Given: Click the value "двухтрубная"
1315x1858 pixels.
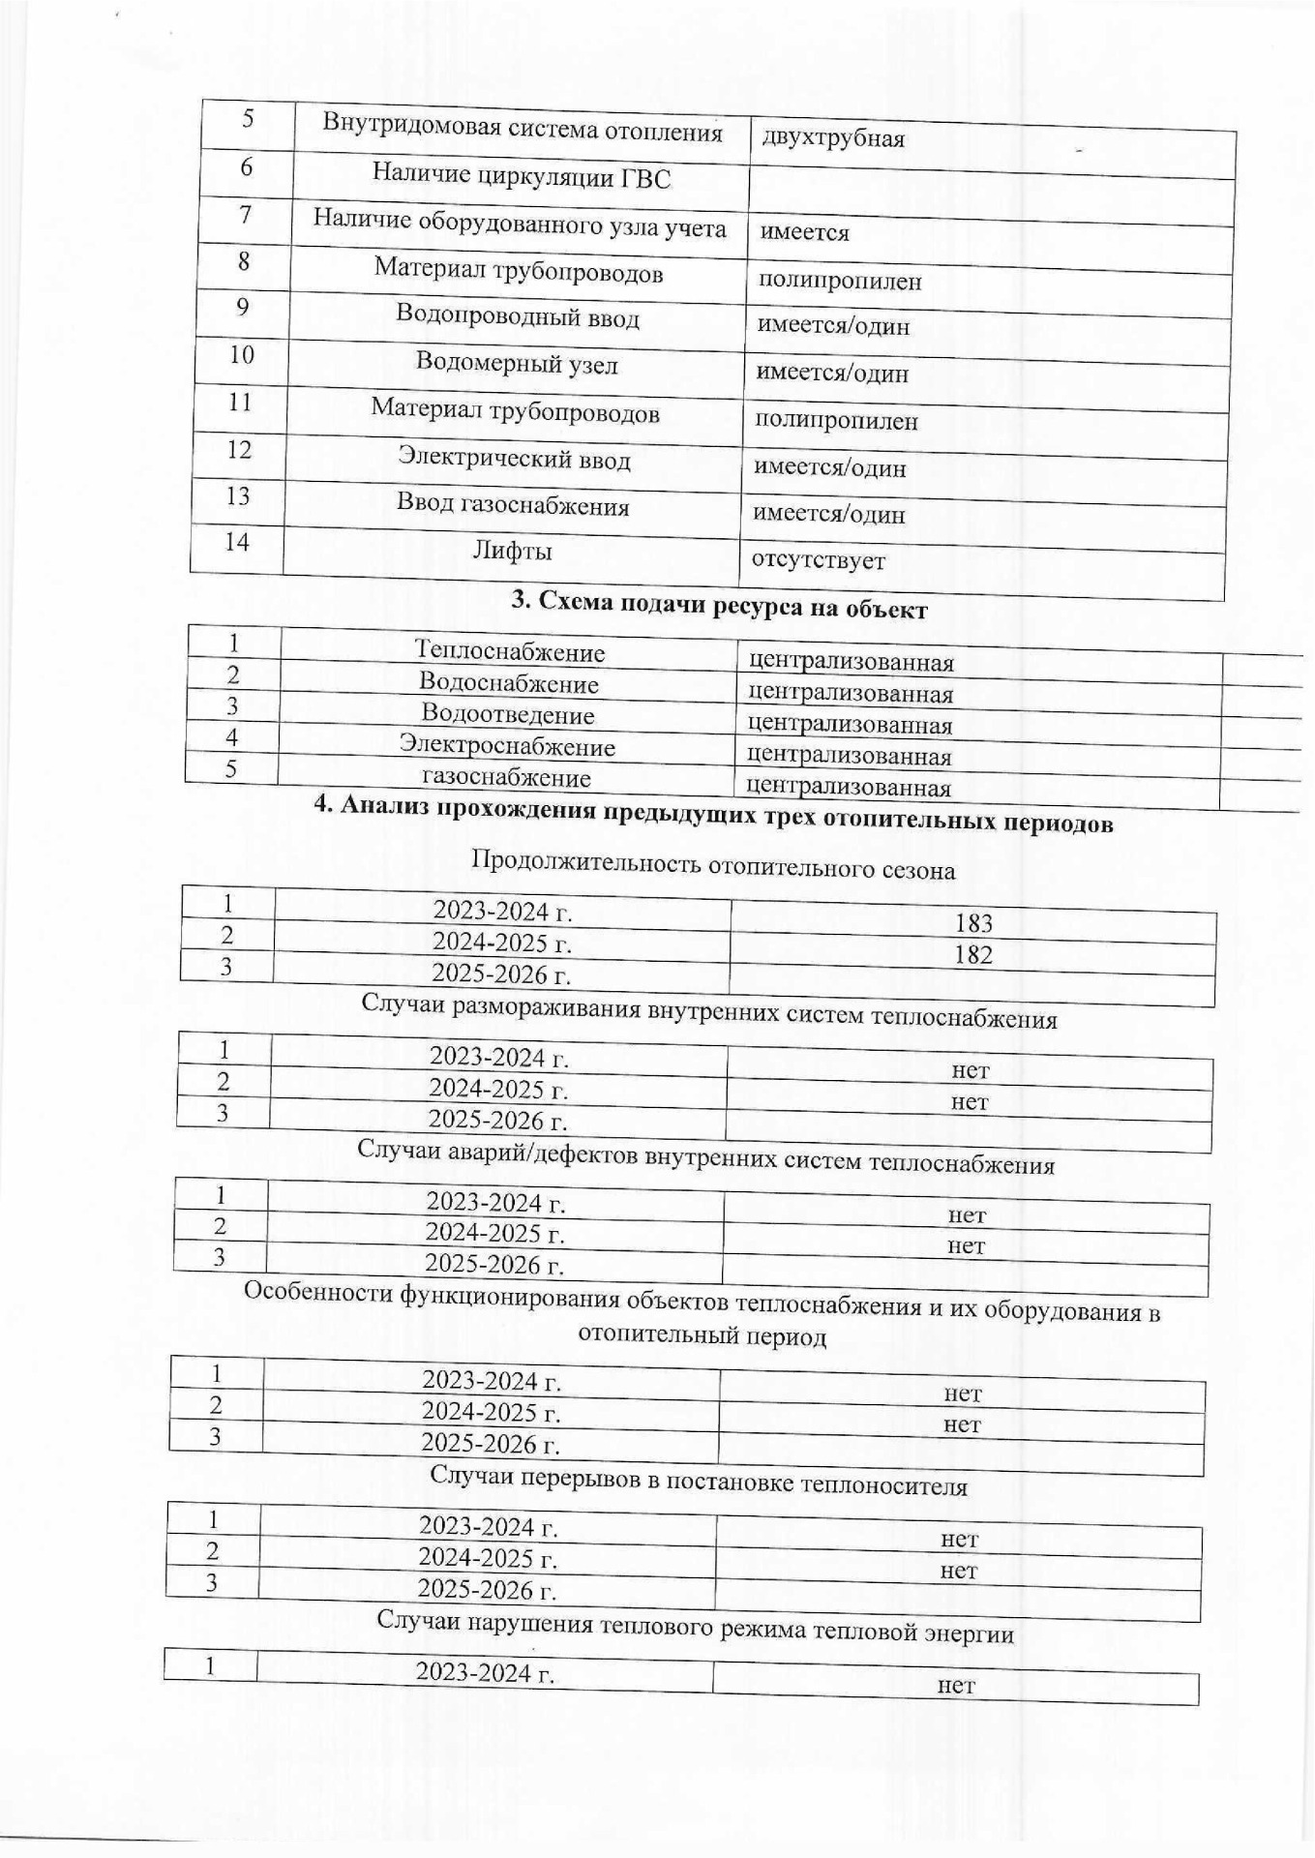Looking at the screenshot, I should click(833, 139).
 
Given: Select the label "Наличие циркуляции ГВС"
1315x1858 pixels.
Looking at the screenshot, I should click(522, 176).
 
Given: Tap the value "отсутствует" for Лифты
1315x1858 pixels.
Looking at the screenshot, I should click(819, 560).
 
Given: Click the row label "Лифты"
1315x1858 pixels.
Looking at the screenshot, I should click(512, 552).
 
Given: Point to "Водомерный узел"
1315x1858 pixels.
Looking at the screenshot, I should click(517, 364).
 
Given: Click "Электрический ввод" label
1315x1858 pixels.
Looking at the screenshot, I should click(515, 459).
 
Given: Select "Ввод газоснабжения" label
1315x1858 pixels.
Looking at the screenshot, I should click(513, 505).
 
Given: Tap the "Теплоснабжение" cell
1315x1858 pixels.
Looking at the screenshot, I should click(510, 652).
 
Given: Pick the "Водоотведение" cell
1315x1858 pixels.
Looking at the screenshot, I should click(508, 715).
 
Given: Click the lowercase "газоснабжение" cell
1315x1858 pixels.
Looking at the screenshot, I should click(506, 778).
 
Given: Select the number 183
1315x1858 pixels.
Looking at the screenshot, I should click(973, 923).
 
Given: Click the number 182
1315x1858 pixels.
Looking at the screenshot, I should click(973, 955).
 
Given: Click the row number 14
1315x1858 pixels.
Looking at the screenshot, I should click(237, 542).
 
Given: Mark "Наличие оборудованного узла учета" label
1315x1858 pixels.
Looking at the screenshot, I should click(520, 224).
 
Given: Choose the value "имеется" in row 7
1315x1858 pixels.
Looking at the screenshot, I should click(804, 232).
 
